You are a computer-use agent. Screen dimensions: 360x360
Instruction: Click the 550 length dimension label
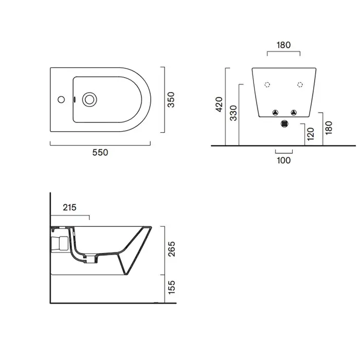coord(100,152)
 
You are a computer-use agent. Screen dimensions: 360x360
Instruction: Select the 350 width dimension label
coord(171,100)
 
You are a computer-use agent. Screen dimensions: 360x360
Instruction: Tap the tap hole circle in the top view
coord(61,99)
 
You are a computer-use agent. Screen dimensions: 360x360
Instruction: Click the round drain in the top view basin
coord(89,100)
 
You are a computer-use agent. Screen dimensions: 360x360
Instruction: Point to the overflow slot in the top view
coord(74,99)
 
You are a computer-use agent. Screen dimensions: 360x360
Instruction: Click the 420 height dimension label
coord(219,104)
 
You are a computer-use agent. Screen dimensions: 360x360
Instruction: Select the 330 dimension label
coord(233,113)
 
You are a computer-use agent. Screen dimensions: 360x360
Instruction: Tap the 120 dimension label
coord(310,134)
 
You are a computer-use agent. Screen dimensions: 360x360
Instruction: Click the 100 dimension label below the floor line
coord(284,160)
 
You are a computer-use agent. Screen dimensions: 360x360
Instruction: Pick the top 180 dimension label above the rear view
coord(283,45)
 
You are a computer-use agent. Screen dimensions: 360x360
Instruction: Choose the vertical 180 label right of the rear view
coord(329,128)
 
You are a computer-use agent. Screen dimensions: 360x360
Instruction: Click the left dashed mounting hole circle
coord(267,85)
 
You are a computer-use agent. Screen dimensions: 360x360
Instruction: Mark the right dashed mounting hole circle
coord(300,85)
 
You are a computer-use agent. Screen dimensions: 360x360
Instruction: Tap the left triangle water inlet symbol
coord(275,113)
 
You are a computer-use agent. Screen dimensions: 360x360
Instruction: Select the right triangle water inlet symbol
coord(294,113)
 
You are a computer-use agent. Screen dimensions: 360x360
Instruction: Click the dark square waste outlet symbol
coord(284,124)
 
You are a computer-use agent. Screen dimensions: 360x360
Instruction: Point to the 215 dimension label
coord(69,208)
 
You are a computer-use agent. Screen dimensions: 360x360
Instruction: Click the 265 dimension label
coord(171,249)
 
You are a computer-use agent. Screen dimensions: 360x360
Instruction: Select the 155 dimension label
coord(171,287)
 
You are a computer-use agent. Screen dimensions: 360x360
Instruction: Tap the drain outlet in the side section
coord(91,259)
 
